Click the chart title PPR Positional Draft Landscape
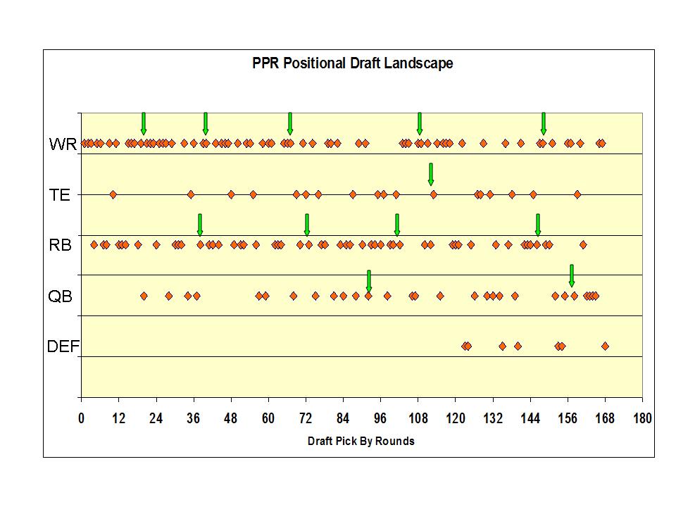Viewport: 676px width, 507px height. [x=352, y=63]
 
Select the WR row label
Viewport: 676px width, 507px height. [x=62, y=146]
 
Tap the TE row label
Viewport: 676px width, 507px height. [x=60, y=195]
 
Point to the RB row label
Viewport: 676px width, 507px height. [x=60, y=246]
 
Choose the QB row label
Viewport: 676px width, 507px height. [x=60, y=296]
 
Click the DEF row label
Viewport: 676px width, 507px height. [x=63, y=346]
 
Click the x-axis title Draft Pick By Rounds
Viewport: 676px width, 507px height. [x=361, y=442]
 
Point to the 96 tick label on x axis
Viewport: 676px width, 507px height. [x=380, y=419]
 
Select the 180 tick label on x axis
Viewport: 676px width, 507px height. [x=642, y=419]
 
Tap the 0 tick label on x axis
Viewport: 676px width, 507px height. [x=82, y=419]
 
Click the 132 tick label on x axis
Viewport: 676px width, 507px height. [x=493, y=419]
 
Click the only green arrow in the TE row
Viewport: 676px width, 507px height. [x=431, y=174]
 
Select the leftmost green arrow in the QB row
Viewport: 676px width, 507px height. [x=368, y=280]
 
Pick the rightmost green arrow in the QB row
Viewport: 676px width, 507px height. [x=571, y=275]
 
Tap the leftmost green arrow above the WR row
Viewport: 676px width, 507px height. [x=143, y=123]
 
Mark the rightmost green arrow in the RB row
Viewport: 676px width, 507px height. [x=537, y=224]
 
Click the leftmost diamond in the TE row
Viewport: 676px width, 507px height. [x=113, y=194]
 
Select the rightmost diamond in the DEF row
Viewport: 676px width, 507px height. [x=605, y=346]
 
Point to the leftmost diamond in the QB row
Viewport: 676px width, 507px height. [x=144, y=296]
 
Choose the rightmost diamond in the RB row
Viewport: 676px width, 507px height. [x=583, y=245]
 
